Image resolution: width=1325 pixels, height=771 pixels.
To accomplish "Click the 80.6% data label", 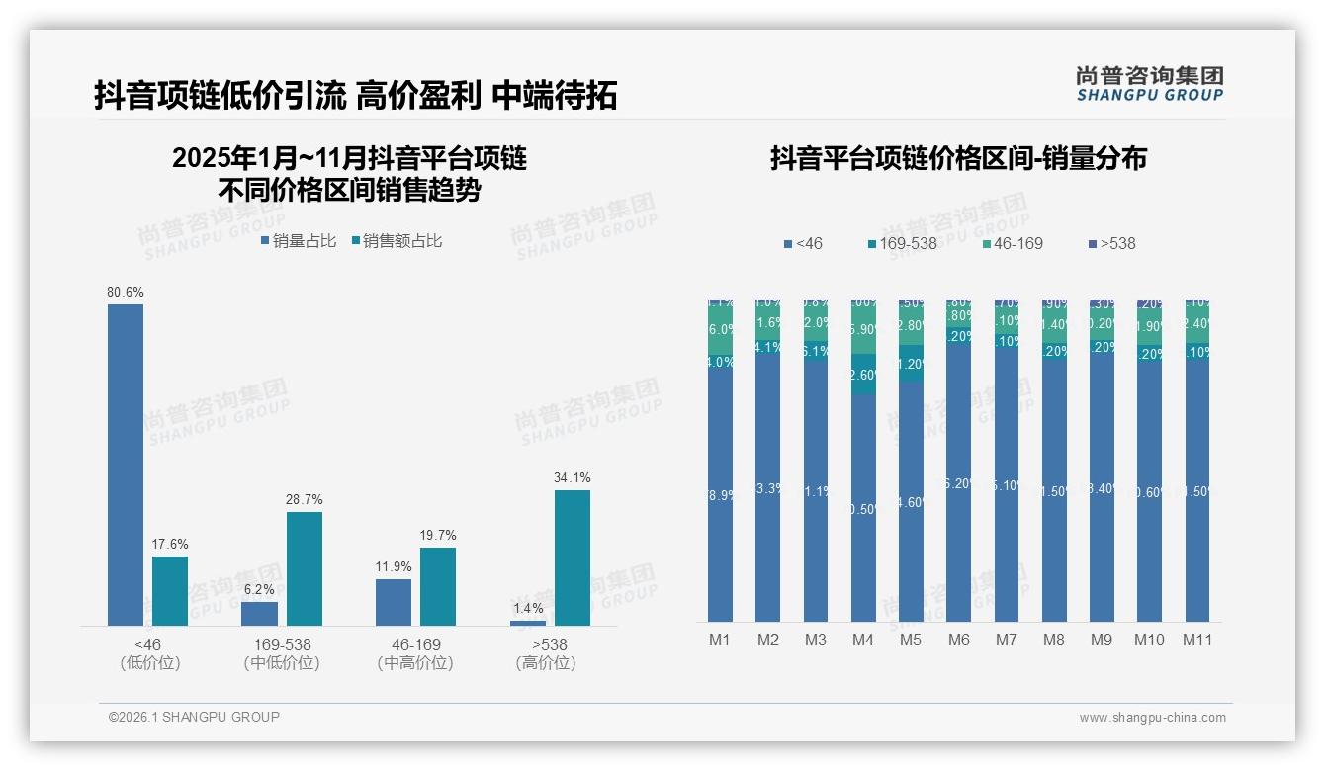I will tap(126, 292).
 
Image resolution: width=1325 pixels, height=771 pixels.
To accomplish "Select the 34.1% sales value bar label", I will tap(573, 477).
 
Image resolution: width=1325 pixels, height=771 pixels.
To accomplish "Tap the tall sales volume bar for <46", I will tap(126, 465).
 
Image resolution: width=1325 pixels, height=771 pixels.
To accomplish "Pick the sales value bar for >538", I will tap(573, 557).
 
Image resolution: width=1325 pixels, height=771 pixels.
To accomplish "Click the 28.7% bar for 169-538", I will tap(305, 568).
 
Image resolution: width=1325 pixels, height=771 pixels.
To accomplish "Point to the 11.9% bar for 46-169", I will tap(394, 602).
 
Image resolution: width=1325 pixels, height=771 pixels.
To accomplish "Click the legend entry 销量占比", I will tap(299, 240).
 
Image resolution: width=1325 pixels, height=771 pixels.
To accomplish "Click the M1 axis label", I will tap(720, 640).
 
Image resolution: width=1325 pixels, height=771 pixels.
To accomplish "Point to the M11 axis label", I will tap(1197, 640).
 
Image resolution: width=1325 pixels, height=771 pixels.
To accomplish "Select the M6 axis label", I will tap(958, 640).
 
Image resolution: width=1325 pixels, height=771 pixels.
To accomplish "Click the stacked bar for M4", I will tap(863, 461).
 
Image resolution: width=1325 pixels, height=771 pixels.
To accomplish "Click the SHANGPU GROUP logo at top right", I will tap(1150, 84).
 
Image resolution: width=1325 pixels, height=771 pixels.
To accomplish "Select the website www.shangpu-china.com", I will tap(1152, 718).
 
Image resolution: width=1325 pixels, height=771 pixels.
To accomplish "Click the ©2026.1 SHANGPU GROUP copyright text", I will tap(194, 717).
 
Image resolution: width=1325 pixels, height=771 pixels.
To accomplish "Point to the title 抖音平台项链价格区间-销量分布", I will tap(958, 159).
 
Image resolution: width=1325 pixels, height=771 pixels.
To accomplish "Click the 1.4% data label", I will tap(528, 608).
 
